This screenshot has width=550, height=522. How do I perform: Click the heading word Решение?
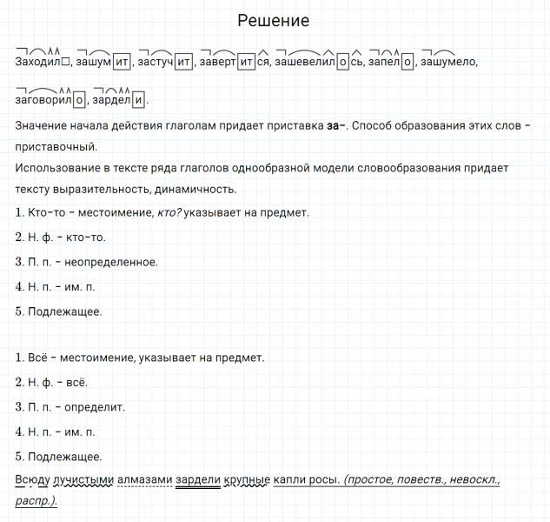pyautogui.click(x=273, y=20)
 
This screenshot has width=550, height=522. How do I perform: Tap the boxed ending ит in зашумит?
pyautogui.click(x=122, y=62)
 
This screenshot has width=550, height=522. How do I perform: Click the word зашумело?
pyautogui.click(x=449, y=62)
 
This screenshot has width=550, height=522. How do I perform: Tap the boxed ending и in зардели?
pyautogui.click(x=141, y=99)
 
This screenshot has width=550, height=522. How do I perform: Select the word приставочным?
pyautogui.click(x=56, y=146)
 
